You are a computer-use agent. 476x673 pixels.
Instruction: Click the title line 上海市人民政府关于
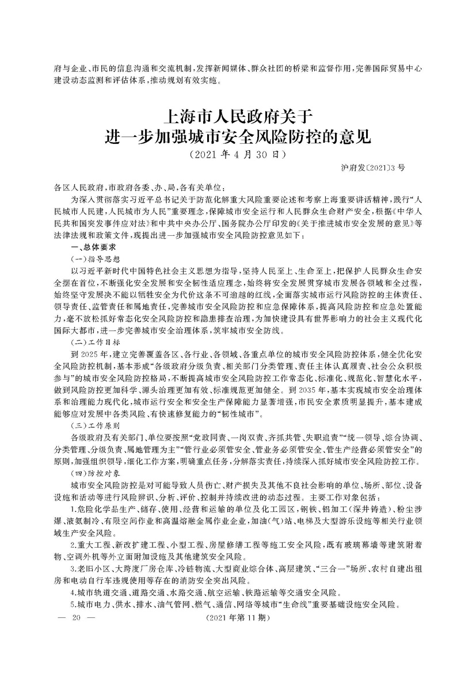coord(238,117)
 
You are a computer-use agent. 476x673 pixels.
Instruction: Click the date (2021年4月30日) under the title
coord(238,155)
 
